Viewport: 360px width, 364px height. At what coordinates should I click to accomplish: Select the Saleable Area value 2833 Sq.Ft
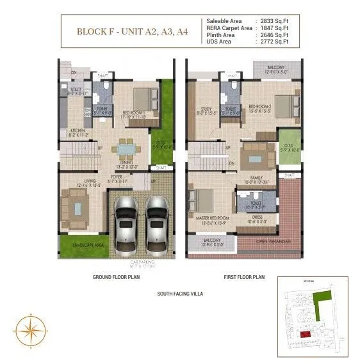click(x=274, y=22)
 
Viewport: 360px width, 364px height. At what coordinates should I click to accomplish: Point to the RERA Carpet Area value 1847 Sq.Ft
click(x=274, y=28)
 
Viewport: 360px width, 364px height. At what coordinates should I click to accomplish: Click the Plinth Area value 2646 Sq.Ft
click(x=274, y=35)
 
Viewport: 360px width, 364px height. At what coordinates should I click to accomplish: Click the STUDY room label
click(x=206, y=109)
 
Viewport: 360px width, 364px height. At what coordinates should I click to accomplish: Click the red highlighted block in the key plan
click(x=306, y=334)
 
